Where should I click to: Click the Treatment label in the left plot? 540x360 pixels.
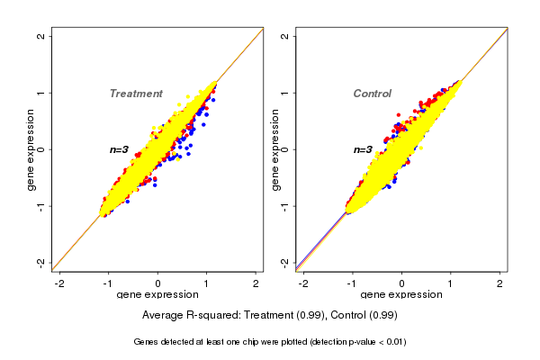tap(136, 94)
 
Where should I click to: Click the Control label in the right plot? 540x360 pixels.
tap(373, 94)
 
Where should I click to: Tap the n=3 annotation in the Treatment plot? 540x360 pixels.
tap(121, 149)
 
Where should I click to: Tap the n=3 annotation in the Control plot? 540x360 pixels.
tap(363, 149)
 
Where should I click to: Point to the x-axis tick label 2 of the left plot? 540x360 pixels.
tap(256, 283)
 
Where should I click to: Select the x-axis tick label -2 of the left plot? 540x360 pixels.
tap(59, 283)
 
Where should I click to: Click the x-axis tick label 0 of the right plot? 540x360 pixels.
tap(401, 283)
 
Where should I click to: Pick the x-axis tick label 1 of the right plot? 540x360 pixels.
tap(451, 283)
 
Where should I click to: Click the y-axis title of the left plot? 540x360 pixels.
tap(31, 149)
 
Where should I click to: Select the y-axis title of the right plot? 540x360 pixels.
tap(275, 149)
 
